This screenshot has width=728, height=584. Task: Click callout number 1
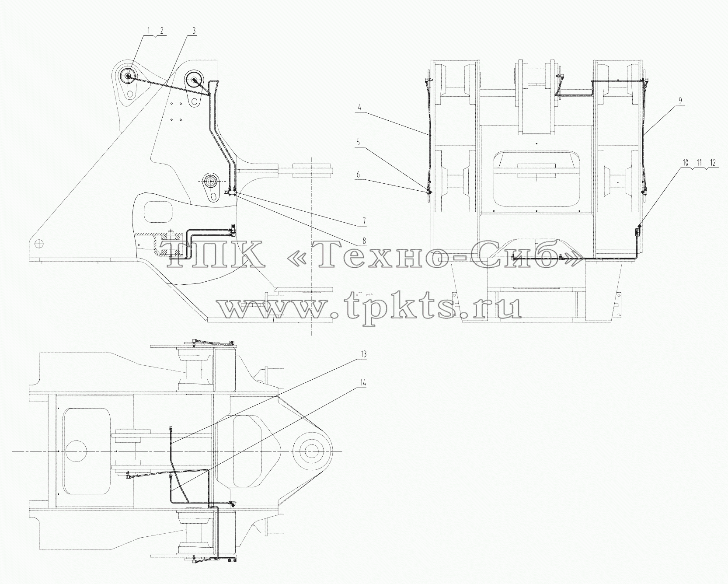(x=148, y=31)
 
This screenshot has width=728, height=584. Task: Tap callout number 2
(x=162, y=31)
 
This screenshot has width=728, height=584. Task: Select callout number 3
(x=194, y=31)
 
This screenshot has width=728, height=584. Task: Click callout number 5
(x=359, y=142)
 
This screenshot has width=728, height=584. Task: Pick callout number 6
(x=359, y=175)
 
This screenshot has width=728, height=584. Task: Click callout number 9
(x=680, y=101)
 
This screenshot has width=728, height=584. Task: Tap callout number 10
(x=685, y=163)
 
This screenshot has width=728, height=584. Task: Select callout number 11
(x=699, y=163)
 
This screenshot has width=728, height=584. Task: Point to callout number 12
(x=713, y=163)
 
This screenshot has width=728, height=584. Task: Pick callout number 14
(x=363, y=383)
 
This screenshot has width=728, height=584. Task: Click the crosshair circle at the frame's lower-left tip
(x=39, y=244)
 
